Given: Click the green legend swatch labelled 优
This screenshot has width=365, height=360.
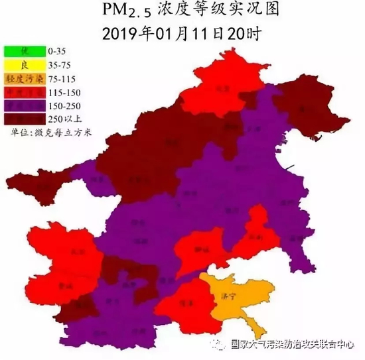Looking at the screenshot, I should point(25,50).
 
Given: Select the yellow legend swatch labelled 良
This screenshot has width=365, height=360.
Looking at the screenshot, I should point(25,64).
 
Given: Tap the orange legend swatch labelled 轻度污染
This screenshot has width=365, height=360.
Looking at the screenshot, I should point(25,78).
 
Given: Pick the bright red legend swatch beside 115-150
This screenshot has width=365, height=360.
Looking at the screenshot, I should point(25,91).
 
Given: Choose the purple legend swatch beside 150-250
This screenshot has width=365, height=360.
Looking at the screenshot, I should point(25,105).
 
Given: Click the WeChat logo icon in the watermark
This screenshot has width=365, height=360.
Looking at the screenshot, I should point(216,344).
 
